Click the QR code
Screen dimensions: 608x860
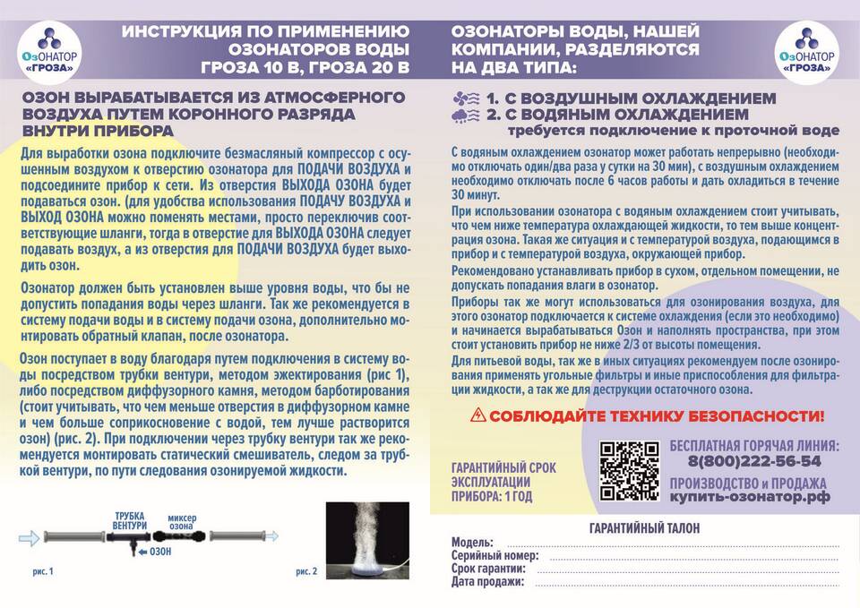(x=629, y=471)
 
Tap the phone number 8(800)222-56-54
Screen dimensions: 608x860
(x=754, y=462)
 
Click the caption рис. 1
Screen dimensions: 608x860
(x=43, y=570)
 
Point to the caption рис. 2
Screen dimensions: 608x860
(x=306, y=570)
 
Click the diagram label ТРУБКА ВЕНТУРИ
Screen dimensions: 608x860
(x=131, y=520)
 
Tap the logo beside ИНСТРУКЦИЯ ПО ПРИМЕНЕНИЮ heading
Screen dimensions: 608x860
(x=54, y=50)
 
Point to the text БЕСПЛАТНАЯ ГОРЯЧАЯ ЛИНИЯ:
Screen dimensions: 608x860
(x=754, y=445)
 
